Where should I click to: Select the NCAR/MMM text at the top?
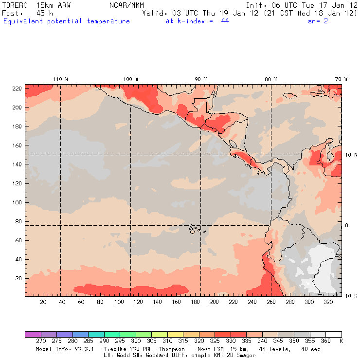pyautogui.click(x=126, y=5)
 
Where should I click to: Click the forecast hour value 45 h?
pyautogui.click(x=37, y=13)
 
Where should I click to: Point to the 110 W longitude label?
pyautogui.click(x=60, y=79)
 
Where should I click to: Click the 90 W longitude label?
pyautogui.click(x=200, y=79)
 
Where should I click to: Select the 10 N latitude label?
pyautogui.click(x=351, y=155)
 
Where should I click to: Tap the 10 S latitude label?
pyautogui.click(x=351, y=296)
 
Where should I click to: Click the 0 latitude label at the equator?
pyautogui.click(x=347, y=225)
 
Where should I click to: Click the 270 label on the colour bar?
pyautogui.click(x=41, y=342)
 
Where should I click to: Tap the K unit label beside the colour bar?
pyautogui.click(x=341, y=342)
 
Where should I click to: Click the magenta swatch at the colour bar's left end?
pyautogui.click(x=33, y=334)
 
